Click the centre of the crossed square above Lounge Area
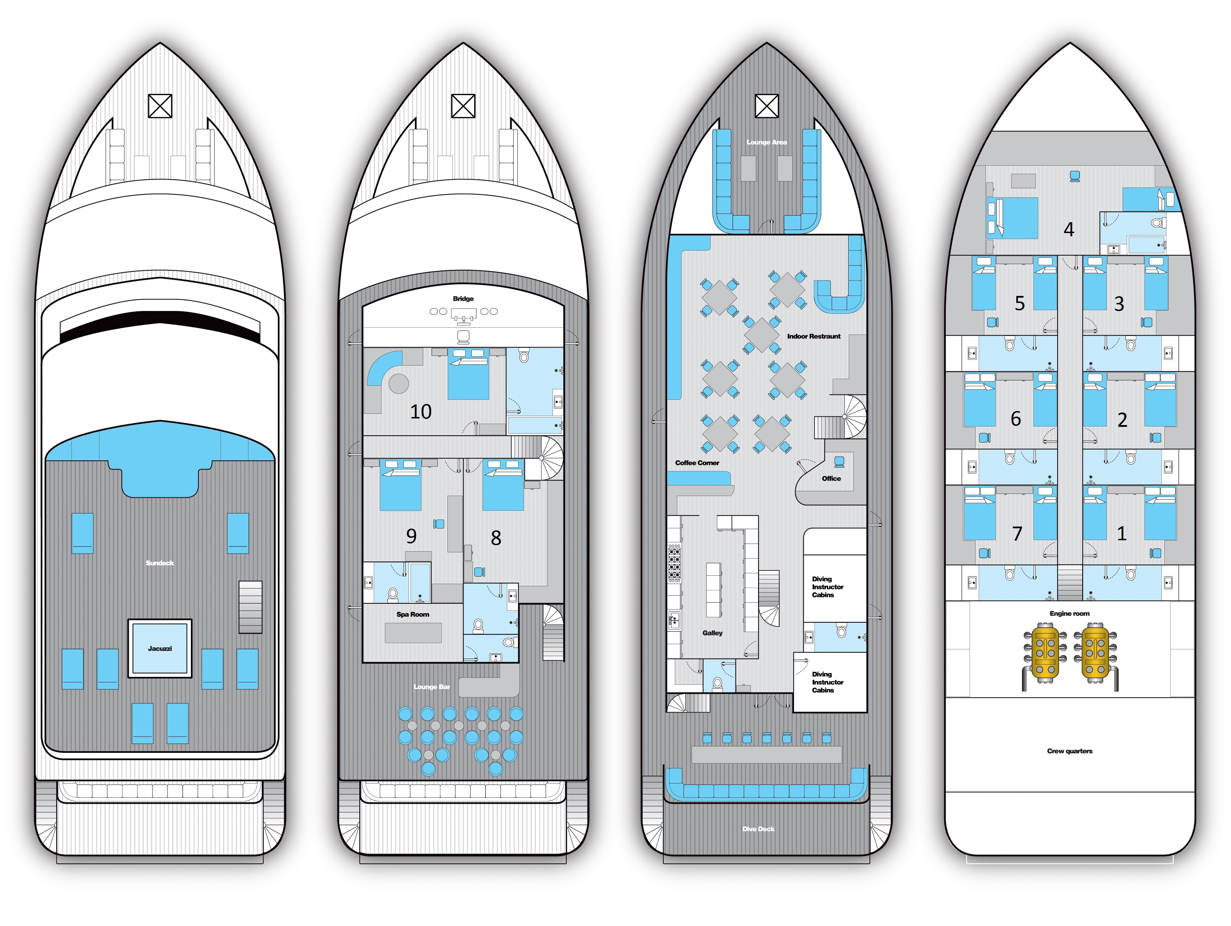tap(766, 106)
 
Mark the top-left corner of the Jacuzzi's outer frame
tap(128, 619)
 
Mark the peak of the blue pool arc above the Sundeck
tap(160, 421)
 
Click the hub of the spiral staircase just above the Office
tap(844, 417)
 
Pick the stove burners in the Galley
tap(674, 563)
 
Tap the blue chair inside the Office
tap(839, 462)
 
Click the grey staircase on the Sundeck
tap(251, 607)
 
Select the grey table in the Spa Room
tap(413, 633)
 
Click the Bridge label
tap(463, 298)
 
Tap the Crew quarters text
tap(1070, 750)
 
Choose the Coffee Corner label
tap(697, 463)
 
